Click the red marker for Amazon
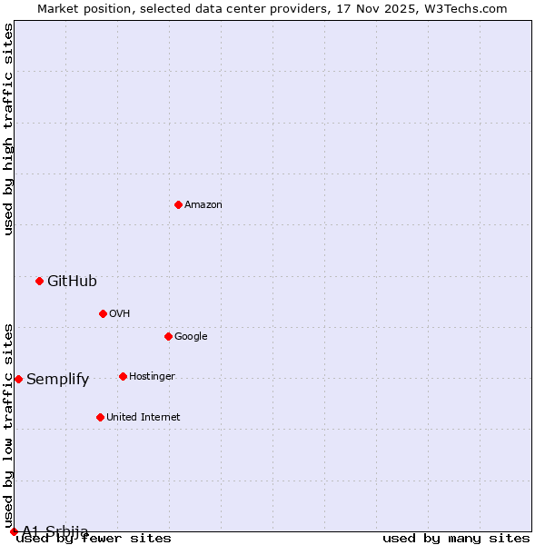pos(178,204)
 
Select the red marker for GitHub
pos(39,281)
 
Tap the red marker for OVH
pos(103,313)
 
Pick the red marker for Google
pos(168,336)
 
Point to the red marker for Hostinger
pos(123,376)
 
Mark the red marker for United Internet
pos(100,417)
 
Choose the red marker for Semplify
pos(18,379)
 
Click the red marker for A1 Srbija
pos(14,531)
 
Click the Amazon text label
pos(203,204)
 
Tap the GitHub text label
pos(72,281)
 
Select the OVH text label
pos(120,313)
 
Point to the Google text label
pos(191,336)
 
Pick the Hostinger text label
pos(152,376)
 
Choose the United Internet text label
pos(143,417)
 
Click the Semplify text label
pos(57,379)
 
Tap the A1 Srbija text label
pos(55,531)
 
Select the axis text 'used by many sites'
pos(456,538)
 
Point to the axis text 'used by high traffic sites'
pos(9,129)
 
